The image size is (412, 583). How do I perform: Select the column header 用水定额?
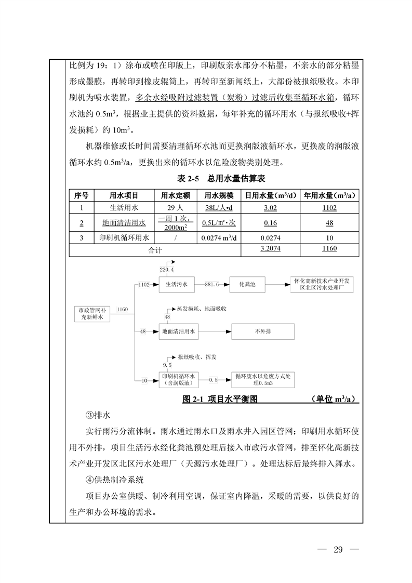(176, 196)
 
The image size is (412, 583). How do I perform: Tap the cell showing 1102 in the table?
(328, 208)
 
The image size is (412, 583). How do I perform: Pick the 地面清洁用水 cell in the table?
(124, 223)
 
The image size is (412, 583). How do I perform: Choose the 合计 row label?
(155, 249)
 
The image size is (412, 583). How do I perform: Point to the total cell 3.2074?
(270, 249)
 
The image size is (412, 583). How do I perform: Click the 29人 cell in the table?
(176, 208)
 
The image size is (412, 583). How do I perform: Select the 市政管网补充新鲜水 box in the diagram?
(91, 313)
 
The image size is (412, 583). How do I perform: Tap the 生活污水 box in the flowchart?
(176, 285)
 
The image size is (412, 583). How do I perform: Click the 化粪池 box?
(247, 285)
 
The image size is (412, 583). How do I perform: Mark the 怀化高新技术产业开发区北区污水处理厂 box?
(323, 285)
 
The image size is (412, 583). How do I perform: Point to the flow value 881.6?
(212, 285)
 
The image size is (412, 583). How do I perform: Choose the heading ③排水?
(98, 416)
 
